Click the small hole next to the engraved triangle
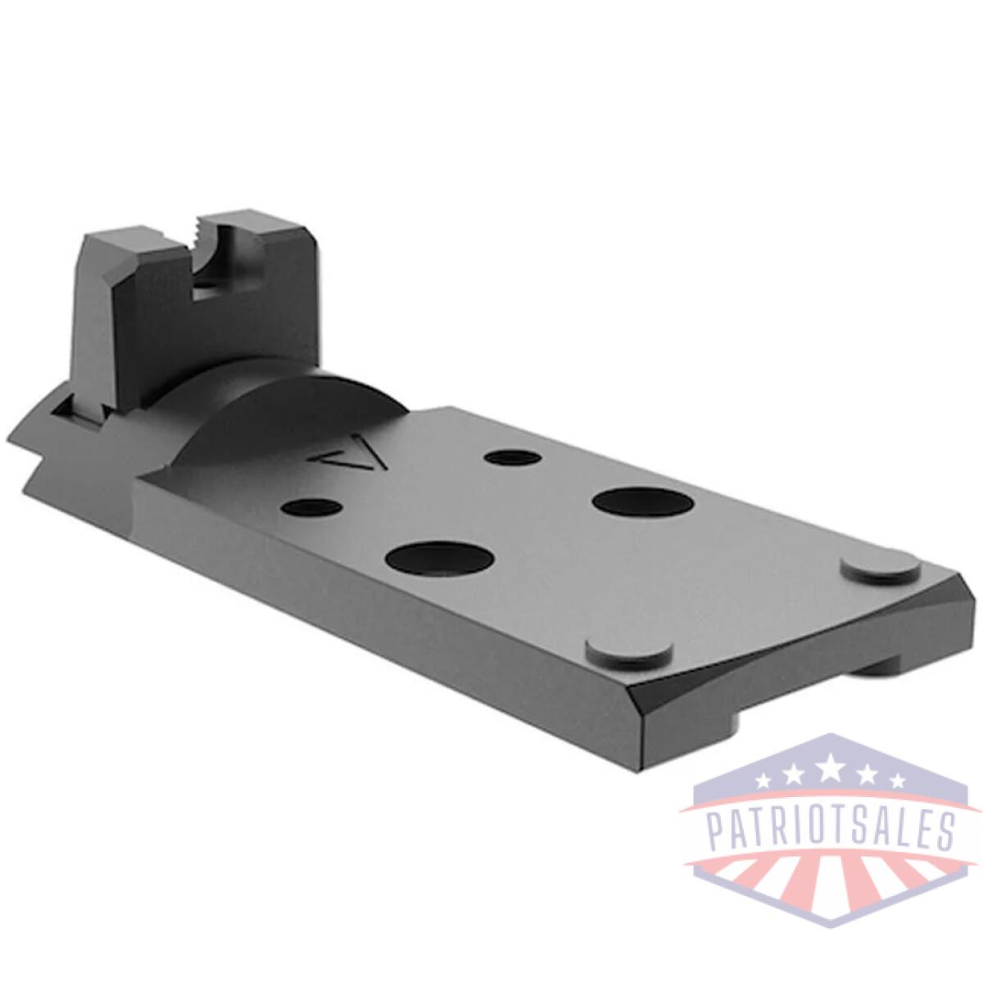coord(514,455)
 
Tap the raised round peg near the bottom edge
coord(628,650)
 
